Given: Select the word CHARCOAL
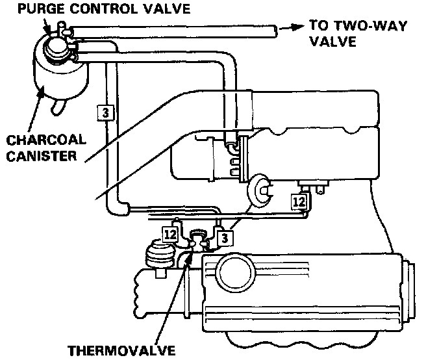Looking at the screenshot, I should [35, 140].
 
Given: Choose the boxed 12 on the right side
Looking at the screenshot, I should [299, 202].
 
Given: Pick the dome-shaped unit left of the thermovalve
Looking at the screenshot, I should [156, 255].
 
